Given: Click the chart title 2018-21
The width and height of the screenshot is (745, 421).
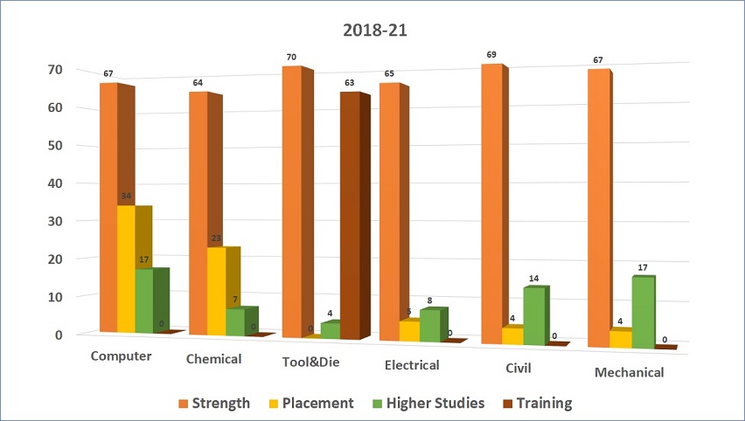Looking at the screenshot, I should pyautogui.click(x=372, y=29).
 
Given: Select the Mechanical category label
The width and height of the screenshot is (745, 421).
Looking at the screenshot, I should pyautogui.click(x=629, y=373).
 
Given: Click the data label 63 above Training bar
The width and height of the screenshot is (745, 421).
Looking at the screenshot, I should pyautogui.click(x=350, y=83).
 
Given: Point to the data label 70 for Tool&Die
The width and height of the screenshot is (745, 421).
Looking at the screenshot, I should pyautogui.click(x=291, y=58).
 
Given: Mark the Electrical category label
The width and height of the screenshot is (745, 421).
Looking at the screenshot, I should pyautogui.click(x=411, y=365).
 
